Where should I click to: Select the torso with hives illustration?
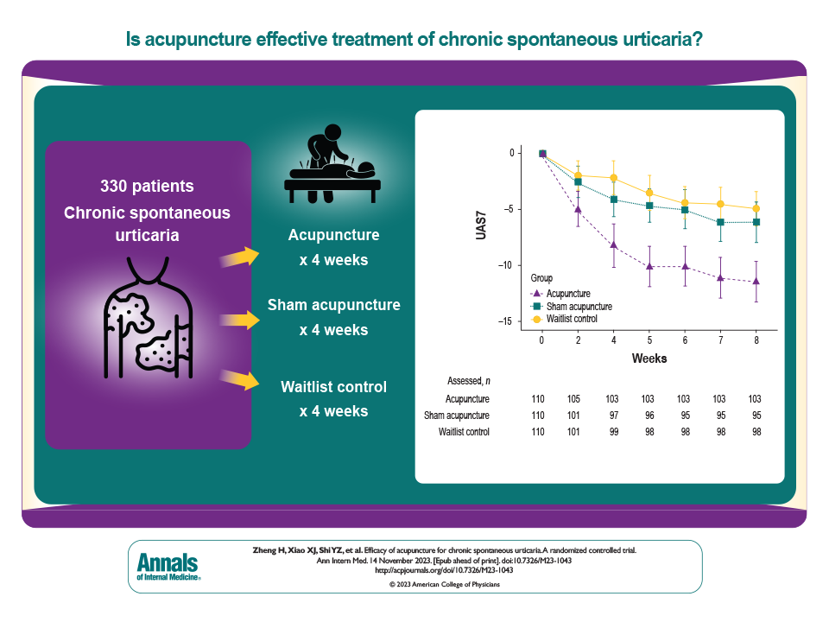[x=147, y=325]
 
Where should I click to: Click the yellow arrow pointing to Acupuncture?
[x=240, y=256]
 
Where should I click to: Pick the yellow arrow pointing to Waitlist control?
[x=240, y=379]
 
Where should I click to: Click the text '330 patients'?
[x=147, y=186]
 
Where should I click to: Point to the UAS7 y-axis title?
[x=480, y=238]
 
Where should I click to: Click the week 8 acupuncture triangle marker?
[x=756, y=281]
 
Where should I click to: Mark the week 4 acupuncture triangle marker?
[x=614, y=245]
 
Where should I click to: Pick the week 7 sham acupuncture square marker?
[x=721, y=223]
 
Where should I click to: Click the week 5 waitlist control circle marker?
[x=649, y=193]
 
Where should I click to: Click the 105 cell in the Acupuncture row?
[x=579, y=399]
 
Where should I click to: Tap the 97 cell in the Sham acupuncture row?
[x=614, y=416]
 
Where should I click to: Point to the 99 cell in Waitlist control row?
[x=614, y=431]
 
